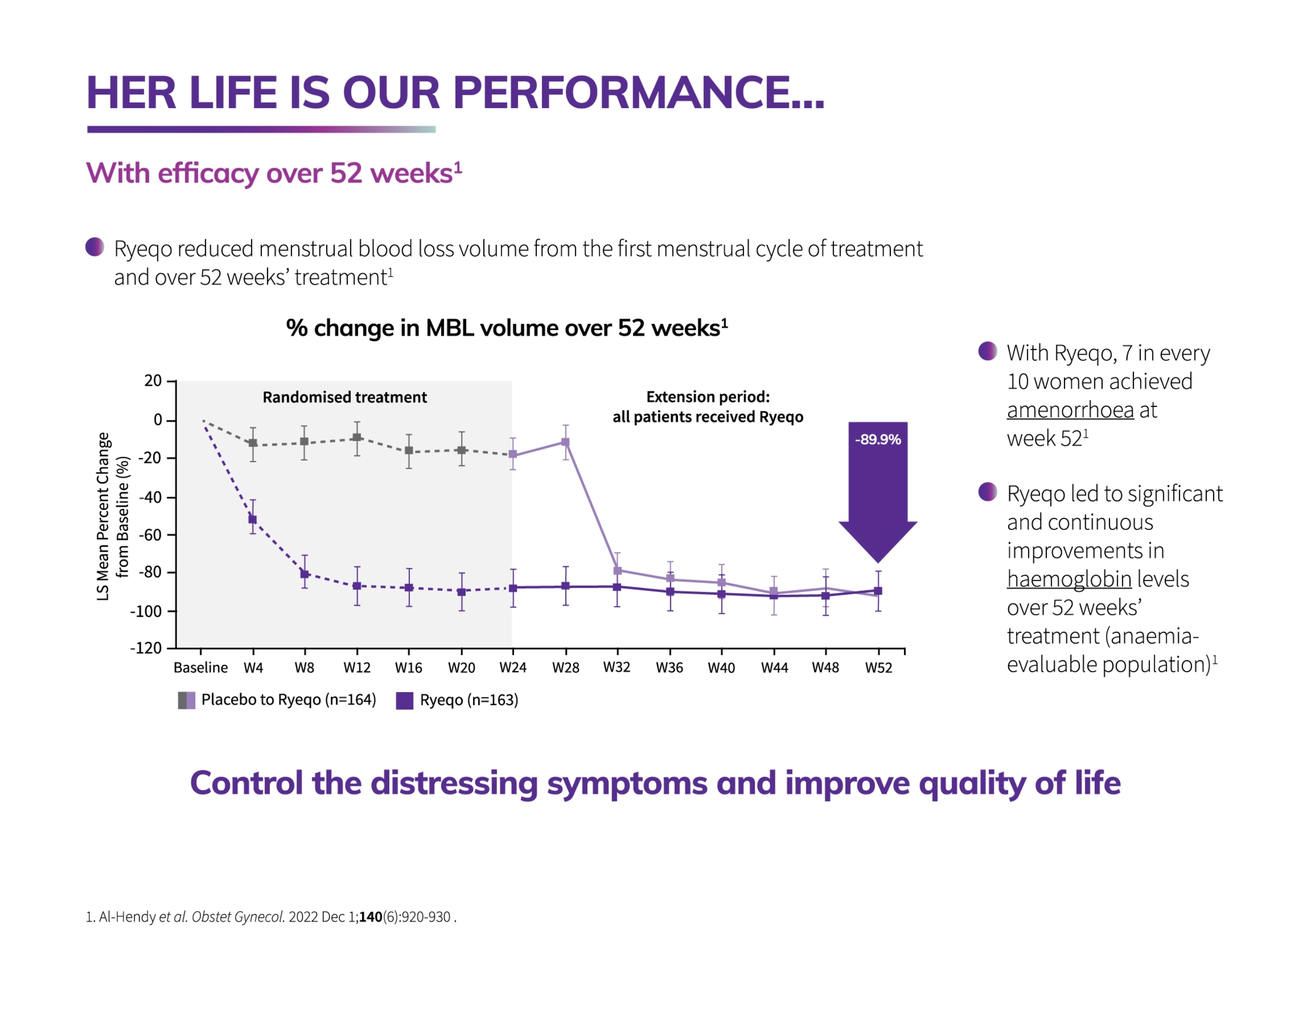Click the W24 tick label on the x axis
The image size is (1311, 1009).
pos(513,668)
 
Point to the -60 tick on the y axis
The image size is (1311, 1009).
pos(150,535)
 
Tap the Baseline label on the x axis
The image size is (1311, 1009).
pos(201,668)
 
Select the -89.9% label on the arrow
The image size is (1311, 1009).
pos(878,439)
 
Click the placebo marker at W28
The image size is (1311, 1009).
pos(565,442)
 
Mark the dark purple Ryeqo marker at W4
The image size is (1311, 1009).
pos(253,520)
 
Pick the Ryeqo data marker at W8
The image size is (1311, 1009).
pos(305,574)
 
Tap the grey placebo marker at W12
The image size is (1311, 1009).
pos(357,438)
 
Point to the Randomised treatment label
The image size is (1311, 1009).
pos(344,397)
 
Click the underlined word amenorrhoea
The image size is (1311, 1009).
pos(1070,410)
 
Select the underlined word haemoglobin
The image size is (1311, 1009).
pos(1069,579)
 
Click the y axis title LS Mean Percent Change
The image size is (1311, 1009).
pos(103,516)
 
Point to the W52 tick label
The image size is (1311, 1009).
pos(878,668)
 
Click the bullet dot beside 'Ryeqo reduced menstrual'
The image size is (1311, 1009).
pos(95,247)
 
